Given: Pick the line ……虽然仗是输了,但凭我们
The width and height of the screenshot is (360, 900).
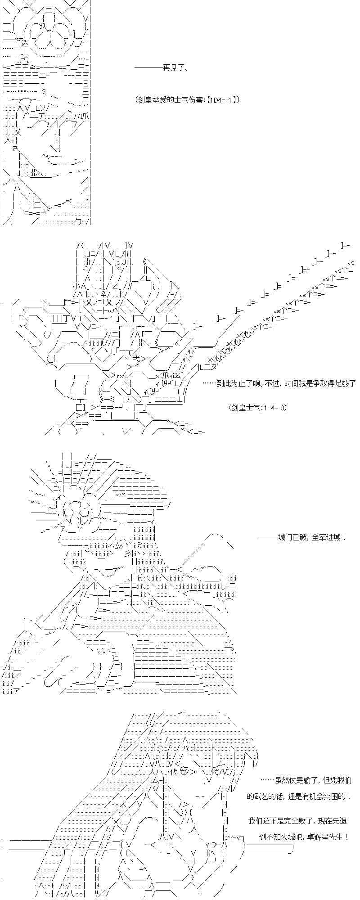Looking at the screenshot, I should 306,780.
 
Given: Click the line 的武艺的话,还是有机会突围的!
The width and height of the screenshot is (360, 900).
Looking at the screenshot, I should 299,796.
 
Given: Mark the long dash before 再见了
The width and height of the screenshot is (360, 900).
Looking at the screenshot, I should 148,68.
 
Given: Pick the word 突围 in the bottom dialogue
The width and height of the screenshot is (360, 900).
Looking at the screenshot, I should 338,796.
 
